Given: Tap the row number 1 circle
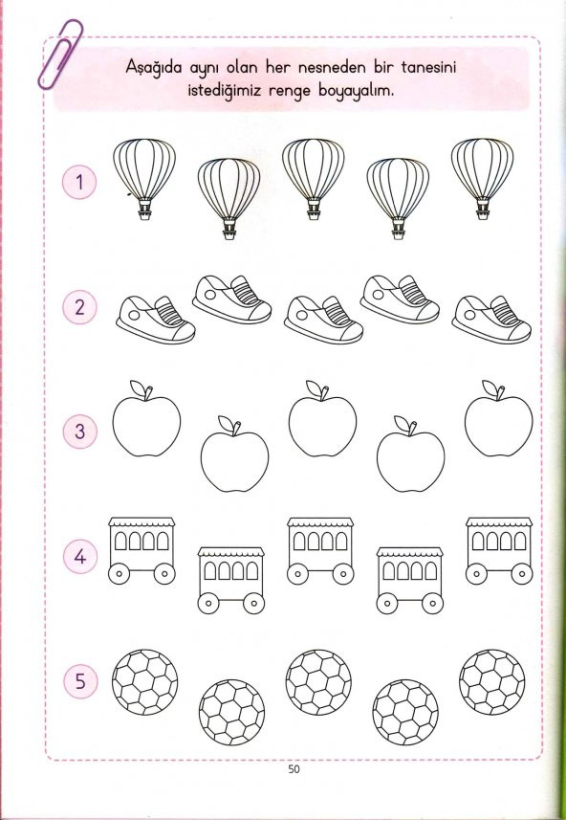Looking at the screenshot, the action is click(79, 183).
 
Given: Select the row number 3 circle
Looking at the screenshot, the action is click(80, 432).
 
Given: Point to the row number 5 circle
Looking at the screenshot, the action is click(80, 681).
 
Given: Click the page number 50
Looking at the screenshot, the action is click(294, 768).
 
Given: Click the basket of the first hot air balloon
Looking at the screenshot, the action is click(144, 211).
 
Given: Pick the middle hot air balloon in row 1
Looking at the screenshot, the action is click(313, 179).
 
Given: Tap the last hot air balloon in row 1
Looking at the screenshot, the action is click(483, 179).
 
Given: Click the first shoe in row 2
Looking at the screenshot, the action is click(156, 320).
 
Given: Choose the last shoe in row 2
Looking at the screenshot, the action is click(491, 320).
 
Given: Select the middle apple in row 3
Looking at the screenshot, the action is click(322, 418).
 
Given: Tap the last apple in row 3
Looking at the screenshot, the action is click(498, 418).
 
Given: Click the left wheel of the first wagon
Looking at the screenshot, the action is click(119, 574).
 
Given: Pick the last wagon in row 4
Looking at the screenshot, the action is click(499, 551).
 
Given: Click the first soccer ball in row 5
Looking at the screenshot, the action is click(144, 682).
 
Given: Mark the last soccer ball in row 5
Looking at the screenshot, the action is click(491, 682).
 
